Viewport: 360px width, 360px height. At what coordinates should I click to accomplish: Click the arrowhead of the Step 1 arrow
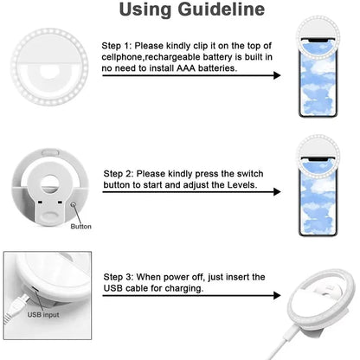(x=277, y=75)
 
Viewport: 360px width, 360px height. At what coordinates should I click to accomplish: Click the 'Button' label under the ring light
(x=80, y=227)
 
